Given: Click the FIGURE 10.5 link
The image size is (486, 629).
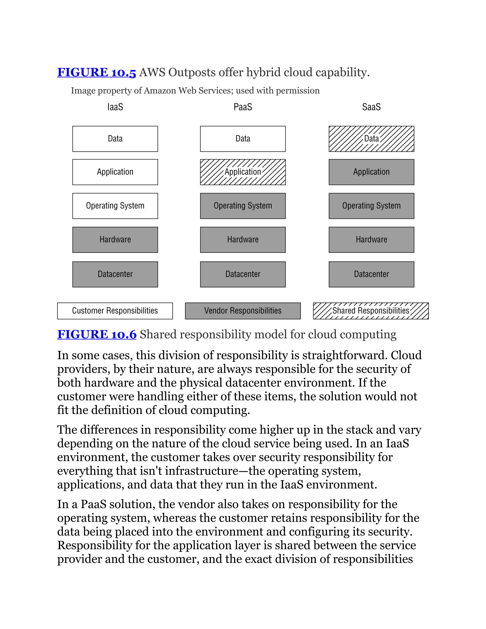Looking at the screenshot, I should click(96, 72).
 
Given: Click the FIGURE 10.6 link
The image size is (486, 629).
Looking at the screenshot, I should click(97, 334).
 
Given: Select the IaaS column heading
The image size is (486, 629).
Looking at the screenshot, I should click(115, 107).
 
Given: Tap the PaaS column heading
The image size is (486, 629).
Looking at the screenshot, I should click(243, 107).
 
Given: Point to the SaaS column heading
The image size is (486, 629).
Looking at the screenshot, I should click(371, 107).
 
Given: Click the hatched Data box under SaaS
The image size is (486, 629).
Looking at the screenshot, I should click(371, 139).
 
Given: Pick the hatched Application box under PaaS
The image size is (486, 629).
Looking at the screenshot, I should click(243, 172).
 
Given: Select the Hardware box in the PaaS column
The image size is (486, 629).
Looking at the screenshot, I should click(243, 240).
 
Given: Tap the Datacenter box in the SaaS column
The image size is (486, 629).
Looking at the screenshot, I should click(371, 274).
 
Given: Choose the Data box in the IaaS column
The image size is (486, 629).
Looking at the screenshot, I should click(115, 139).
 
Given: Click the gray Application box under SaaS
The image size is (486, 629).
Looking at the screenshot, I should click(371, 172).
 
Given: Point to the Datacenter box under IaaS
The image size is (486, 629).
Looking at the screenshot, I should click(115, 274).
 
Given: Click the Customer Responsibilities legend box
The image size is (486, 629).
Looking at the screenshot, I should click(115, 311).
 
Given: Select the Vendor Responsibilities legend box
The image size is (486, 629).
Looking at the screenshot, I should click(243, 311).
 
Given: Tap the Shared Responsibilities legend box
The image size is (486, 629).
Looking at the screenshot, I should click(370, 311).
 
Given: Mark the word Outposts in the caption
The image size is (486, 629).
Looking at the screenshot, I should click(192, 72).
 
